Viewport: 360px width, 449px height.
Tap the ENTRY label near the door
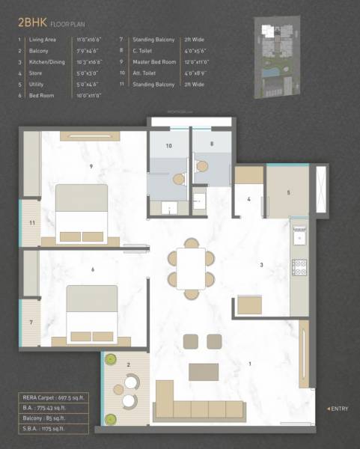coord(338,408)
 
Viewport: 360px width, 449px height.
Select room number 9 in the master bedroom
coord(91,165)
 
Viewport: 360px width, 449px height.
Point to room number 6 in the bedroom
coord(92,269)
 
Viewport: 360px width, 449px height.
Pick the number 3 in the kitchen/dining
coord(261,265)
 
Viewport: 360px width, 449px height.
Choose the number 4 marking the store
coord(248,199)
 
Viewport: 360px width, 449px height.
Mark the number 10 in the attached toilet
coord(168,146)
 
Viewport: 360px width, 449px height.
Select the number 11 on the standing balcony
coord(31,223)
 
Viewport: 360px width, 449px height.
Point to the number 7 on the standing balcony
coord(31,323)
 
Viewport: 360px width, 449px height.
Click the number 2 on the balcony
coord(128,364)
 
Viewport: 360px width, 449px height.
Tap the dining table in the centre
coord(192,267)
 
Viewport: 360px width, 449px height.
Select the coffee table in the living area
coord(203,372)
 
